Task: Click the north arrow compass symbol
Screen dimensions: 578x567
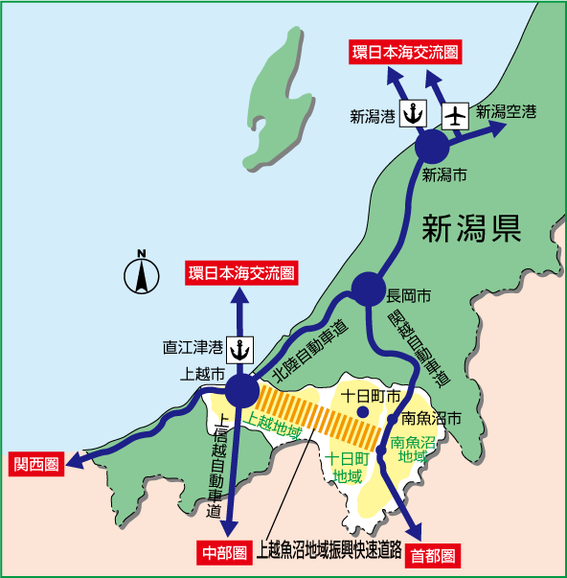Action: (x=142, y=273)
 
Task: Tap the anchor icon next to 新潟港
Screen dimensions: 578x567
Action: (x=413, y=114)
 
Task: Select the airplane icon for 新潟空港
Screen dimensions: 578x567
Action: (x=455, y=114)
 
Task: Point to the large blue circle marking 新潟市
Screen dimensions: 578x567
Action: (x=432, y=148)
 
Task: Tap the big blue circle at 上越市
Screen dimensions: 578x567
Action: (x=241, y=390)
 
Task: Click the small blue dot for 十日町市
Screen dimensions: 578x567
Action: (x=363, y=412)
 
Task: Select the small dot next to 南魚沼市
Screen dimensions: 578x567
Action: (x=393, y=419)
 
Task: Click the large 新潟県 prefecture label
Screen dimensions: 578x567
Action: (x=471, y=227)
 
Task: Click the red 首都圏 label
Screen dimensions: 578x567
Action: (x=432, y=554)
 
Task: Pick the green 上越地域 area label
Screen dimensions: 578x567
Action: (x=274, y=422)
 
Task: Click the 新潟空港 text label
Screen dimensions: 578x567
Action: (x=507, y=112)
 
